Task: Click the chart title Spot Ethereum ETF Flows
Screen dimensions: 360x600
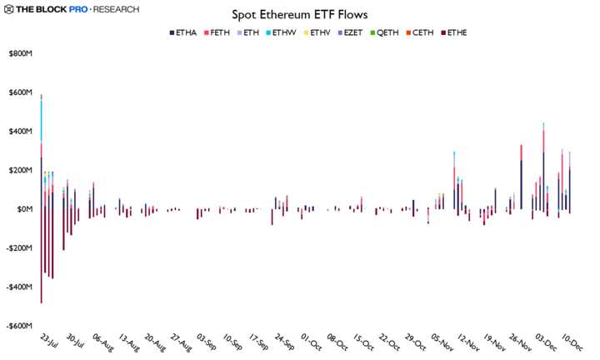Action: [x=300, y=15]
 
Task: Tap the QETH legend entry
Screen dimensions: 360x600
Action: [x=387, y=32]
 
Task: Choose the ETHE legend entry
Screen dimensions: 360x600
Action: [x=456, y=32]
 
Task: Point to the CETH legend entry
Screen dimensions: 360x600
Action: [x=422, y=32]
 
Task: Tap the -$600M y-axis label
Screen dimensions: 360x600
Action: [x=18, y=326]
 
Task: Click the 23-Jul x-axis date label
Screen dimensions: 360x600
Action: [x=48, y=343]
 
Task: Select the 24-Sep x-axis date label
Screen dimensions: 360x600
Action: [x=285, y=343]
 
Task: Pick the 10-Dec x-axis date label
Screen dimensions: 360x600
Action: [x=572, y=343]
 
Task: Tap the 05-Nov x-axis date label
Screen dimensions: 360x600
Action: [x=442, y=343]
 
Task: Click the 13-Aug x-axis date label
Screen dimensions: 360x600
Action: [x=127, y=343]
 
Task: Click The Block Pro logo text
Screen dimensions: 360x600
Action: [x=47, y=9]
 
